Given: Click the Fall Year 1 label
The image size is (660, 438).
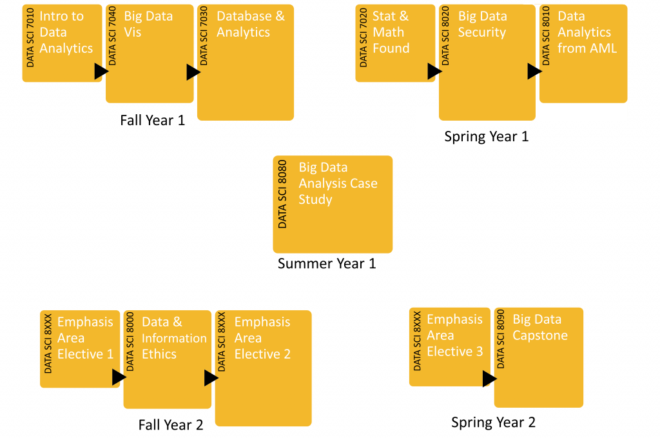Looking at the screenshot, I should point(152,121).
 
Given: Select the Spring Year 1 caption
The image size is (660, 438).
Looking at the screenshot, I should point(486,137).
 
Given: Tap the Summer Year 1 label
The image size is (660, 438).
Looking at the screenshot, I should point(327,263).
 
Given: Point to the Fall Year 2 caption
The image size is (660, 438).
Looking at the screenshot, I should point(171,425).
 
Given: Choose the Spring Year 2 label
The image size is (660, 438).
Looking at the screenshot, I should point(493,423).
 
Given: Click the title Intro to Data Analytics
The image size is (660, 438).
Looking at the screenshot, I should point(66,32).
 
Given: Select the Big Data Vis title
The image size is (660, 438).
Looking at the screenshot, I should point(148,24).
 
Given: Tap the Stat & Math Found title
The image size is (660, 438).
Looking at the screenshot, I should point(391,32).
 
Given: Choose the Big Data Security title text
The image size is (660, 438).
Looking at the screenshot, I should point(482,24).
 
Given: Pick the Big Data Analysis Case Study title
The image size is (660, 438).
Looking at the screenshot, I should point(338,183).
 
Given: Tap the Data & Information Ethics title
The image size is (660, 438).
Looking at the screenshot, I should point(174,338).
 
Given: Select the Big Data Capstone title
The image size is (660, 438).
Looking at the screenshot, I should point(540,327).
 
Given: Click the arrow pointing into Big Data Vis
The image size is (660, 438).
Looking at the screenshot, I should point(101,72).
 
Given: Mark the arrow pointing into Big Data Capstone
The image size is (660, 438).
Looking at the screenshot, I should point(489,379).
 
